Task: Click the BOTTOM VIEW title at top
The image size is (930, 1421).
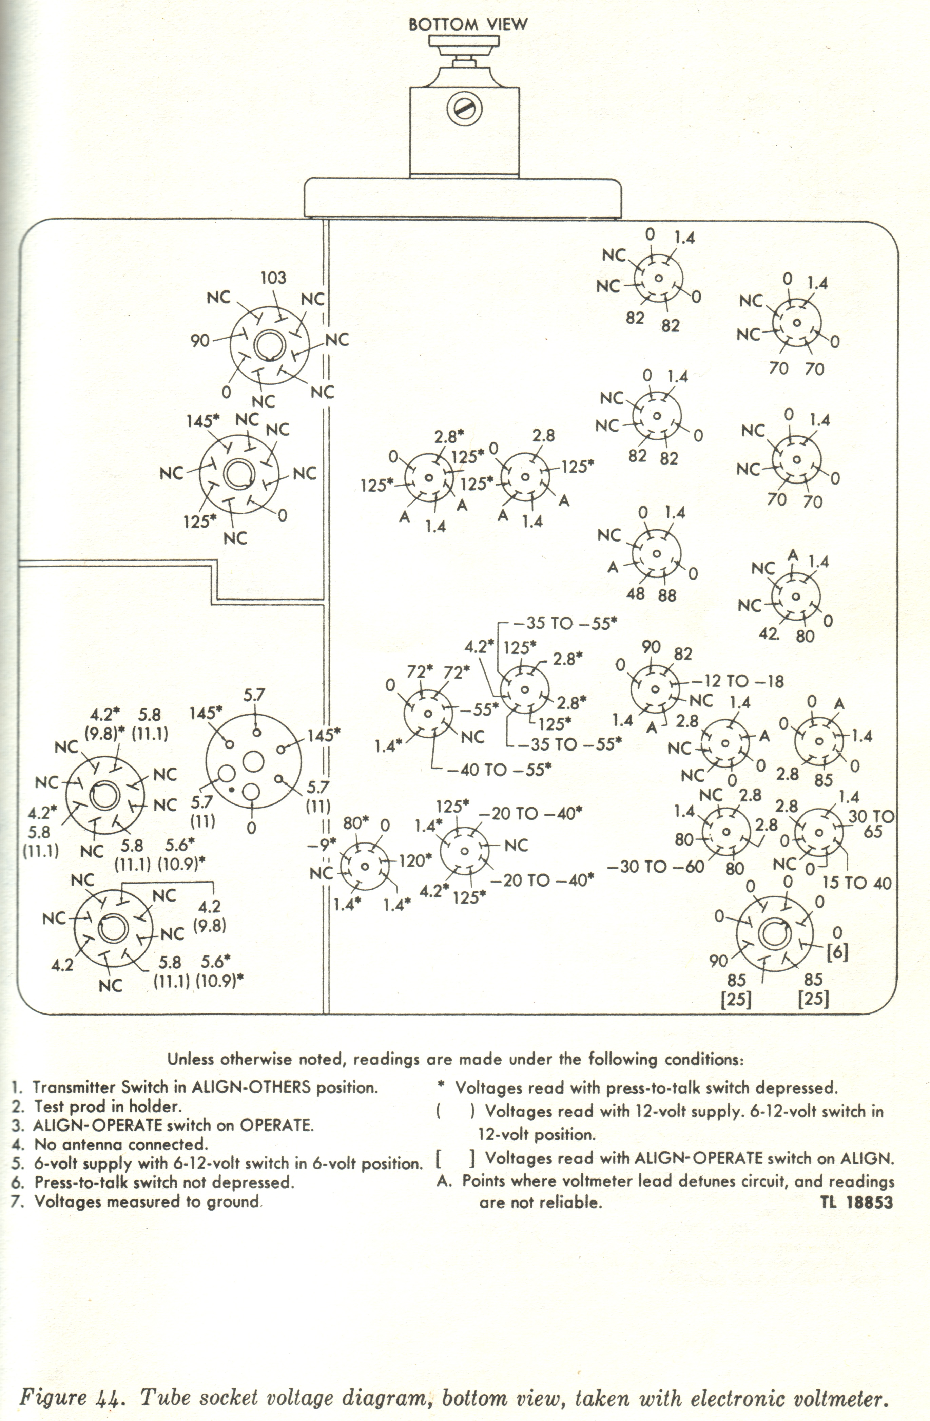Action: point(468,24)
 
